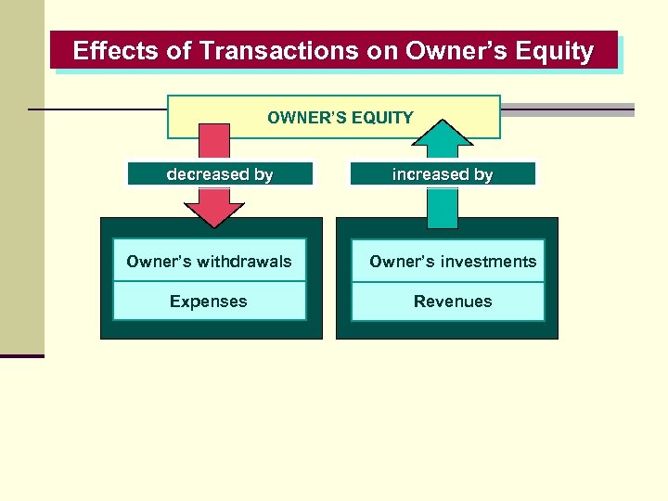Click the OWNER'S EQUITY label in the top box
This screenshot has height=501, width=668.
340,118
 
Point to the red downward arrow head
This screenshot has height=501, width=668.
215,212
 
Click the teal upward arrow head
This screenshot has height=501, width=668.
443,134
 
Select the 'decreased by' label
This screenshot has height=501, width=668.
220,174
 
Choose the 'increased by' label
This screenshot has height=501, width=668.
443,174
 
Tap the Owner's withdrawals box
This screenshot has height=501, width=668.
209,262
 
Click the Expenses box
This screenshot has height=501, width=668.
209,302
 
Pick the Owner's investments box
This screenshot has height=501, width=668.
453,262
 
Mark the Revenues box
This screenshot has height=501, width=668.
453,302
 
